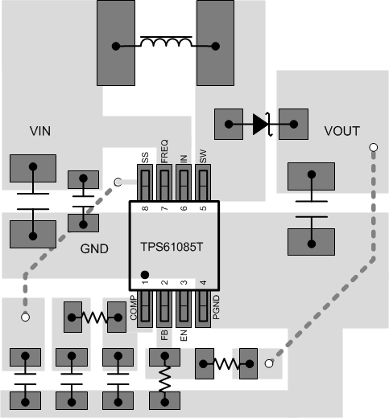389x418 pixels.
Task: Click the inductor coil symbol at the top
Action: tap(167, 42)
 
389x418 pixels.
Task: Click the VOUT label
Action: tap(341, 130)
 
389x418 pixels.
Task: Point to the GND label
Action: tap(94, 249)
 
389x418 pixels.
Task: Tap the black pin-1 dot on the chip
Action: tap(145, 274)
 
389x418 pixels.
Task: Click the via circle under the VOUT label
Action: tap(372, 147)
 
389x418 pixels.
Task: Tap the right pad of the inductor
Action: tap(217, 44)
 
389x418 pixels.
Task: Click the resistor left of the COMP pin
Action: tap(95, 318)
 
